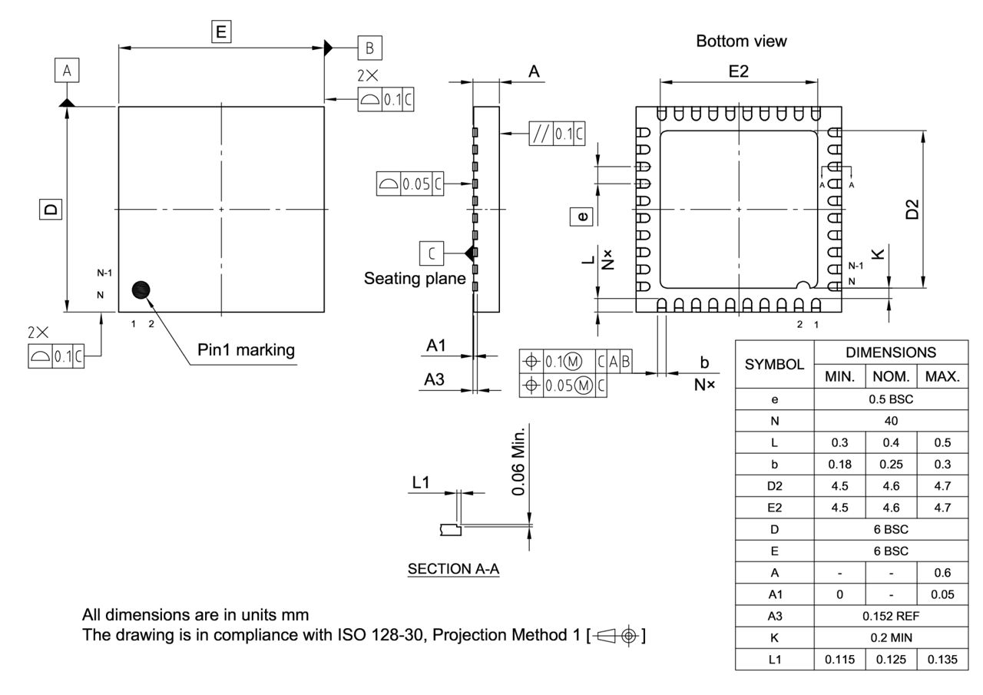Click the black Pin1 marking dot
pos(141,290)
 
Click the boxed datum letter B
pos(369,48)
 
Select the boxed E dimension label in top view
pos(221,31)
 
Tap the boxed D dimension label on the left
pos(50,209)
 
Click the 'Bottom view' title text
pos(741,41)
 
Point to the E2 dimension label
pos(738,71)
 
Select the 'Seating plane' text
pos(415,278)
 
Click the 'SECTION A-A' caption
pos(453,569)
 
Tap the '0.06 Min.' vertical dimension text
pos(520,460)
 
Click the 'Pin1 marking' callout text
pos(246,350)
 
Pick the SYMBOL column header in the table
pos(774,363)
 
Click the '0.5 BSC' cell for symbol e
pos(889,399)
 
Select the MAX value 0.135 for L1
pos(942,659)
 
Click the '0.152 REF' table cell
pos(889,616)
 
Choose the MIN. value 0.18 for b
pos(839,464)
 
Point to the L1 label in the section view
pos(422,482)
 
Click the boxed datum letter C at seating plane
pos(432,252)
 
